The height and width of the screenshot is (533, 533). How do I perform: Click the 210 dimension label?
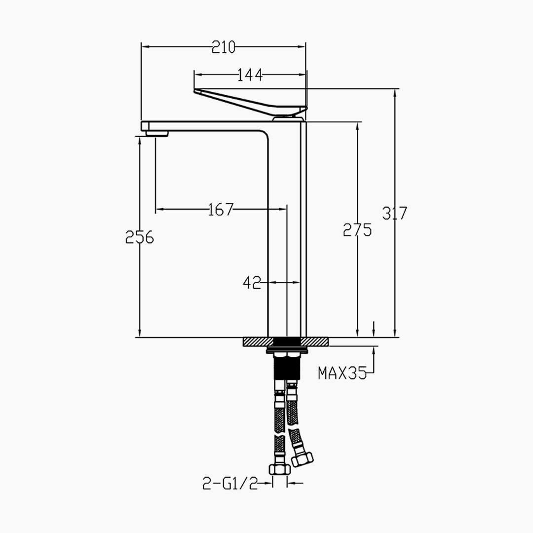click(224, 47)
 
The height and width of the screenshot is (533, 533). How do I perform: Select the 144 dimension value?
click(250, 75)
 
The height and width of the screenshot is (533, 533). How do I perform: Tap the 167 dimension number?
click(221, 210)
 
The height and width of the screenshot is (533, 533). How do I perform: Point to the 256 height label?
click(140, 238)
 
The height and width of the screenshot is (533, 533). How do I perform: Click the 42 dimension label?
click(252, 283)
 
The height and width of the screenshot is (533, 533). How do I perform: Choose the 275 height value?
click(357, 230)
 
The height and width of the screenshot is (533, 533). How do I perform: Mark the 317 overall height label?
click(395, 213)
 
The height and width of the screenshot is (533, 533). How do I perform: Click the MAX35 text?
click(342, 373)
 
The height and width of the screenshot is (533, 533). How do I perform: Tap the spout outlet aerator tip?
click(157, 132)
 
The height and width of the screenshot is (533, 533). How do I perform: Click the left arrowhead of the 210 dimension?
click(144, 47)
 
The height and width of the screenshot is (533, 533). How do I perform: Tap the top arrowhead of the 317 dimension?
click(395, 92)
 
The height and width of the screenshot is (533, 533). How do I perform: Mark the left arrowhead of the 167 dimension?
click(158, 210)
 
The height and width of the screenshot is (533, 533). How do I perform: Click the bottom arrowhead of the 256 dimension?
click(140, 334)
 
